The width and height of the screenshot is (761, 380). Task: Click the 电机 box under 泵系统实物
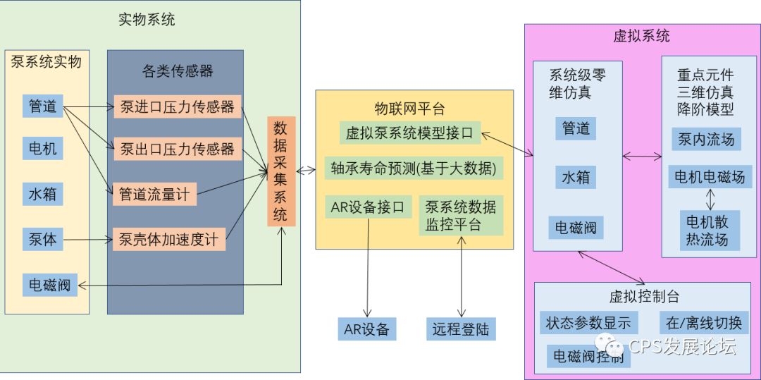42,149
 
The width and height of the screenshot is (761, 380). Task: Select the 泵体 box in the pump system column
42,240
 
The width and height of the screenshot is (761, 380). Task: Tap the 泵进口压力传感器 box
177,107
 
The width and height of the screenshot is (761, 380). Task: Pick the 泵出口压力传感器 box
177,149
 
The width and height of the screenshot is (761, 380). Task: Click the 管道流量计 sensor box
154,195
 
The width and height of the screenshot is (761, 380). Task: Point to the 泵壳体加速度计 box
168,240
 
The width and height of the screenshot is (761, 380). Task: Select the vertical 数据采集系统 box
280,171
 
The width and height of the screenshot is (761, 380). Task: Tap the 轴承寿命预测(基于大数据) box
414,168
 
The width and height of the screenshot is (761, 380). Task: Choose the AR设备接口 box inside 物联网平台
367,207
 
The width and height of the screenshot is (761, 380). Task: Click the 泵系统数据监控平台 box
461,216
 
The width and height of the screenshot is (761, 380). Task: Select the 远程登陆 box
461,329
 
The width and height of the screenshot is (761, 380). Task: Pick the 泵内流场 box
705,139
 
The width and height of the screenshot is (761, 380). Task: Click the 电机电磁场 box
709,176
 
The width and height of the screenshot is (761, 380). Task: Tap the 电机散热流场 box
707,230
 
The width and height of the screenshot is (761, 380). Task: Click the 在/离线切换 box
704,323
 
